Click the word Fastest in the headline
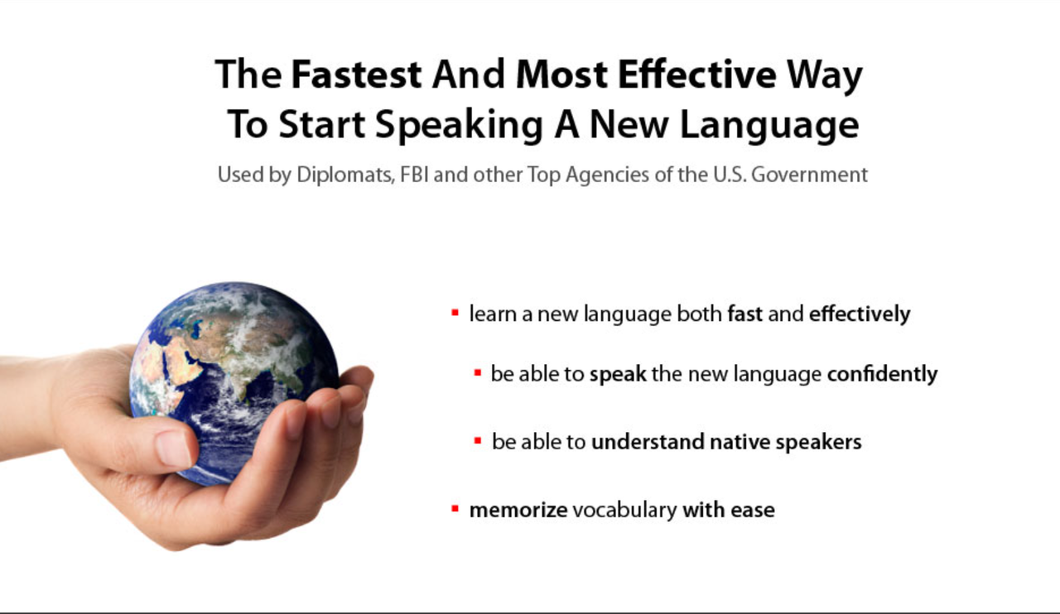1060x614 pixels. pos(356,74)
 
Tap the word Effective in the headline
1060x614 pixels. pos(697,74)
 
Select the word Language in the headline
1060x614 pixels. pos(769,125)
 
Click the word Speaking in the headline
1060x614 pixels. pos(459,125)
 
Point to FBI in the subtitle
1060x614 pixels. pos(414,175)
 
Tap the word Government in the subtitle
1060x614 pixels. pos(809,175)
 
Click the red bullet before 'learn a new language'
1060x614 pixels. pos(455,313)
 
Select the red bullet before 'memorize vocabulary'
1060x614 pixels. pos(455,509)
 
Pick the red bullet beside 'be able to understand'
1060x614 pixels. pos(478,441)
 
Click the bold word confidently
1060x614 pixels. pos(882,374)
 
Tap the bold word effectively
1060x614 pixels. pos(860,314)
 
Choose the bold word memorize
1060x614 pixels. pos(518,510)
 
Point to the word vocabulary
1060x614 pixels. pos(624,511)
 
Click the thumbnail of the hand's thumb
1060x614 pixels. pos(173,448)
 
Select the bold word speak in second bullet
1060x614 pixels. pos(618,375)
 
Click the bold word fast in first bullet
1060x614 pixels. pos(744,314)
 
